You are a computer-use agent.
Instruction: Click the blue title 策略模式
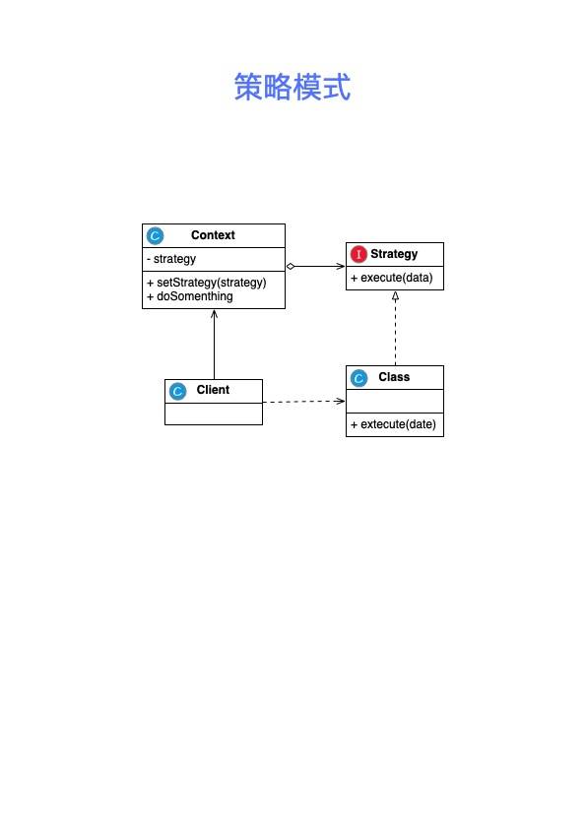coord(293,87)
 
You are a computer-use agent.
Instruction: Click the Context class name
coord(213,235)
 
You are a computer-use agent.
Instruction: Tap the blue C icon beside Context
coord(156,236)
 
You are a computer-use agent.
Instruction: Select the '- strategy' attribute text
coord(171,259)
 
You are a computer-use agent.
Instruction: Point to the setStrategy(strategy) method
coord(207,283)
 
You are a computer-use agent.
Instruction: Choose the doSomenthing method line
coord(190,296)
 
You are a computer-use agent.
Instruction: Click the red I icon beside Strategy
coord(358,255)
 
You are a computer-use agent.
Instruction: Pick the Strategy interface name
coord(394,254)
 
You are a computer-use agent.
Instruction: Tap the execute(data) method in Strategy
coord(392,278)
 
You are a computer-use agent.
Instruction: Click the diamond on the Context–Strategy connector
coord(291,266)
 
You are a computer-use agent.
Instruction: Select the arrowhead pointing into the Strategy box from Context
coord(341,266)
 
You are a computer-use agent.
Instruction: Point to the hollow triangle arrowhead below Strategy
coord(395,295)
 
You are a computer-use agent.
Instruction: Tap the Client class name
coord(213,390)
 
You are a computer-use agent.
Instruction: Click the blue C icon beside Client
coord(177,391)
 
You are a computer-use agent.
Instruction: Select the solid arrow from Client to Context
coord(214,345)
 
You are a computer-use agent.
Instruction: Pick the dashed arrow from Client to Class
coord(303,402)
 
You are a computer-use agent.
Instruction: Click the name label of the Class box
coord(394,377)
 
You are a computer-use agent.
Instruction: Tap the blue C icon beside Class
coord(358,378)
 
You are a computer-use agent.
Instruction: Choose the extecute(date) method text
coord(393,424)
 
